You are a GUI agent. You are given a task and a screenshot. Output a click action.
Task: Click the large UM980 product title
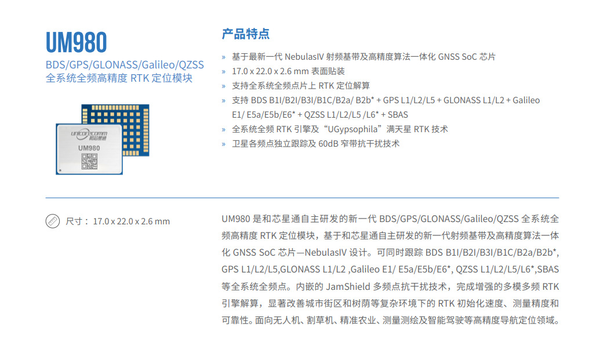tap(76, 42)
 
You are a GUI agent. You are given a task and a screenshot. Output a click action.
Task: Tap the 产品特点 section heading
tap(246, 34)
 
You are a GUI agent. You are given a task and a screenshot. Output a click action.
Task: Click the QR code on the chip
tap(89, 161)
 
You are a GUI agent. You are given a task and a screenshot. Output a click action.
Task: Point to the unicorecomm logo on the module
tap(89, 134)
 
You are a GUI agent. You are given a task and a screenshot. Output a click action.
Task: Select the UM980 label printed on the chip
tap(89, 148)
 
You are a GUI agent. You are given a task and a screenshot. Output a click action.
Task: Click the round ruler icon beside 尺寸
tap(52, 221)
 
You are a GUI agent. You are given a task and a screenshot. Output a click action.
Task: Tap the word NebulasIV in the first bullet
tap(304, 57)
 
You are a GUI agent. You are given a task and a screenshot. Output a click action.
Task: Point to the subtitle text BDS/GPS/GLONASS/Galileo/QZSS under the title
tap(125, 65)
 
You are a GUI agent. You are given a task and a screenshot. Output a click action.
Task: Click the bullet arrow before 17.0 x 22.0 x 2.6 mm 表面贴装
tap(223, 71)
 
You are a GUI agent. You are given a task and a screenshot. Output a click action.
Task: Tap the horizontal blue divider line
tap(302, 198)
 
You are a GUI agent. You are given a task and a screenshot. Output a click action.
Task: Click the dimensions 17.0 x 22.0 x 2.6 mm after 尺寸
tap(131, 221)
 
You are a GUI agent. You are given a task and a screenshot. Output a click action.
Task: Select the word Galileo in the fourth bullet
tap(526, 100)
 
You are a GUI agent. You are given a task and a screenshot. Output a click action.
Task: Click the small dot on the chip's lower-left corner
tap(60, 170)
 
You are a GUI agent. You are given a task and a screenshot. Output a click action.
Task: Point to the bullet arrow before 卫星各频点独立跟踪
tap(223, 144)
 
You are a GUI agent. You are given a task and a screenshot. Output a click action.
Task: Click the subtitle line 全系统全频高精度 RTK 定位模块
tap(119, 78)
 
